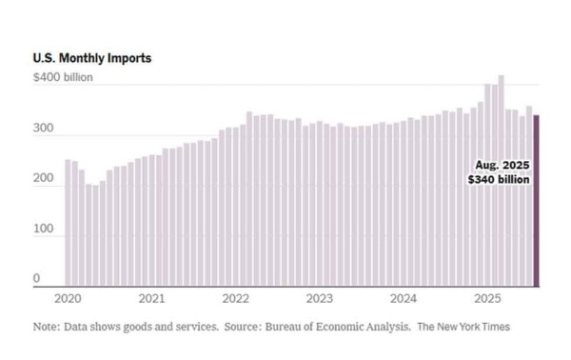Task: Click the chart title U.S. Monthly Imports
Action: point(91,59)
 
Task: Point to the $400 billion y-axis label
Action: point(63,77)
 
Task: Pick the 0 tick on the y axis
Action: point(37,279)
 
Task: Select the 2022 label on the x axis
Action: point(235,298)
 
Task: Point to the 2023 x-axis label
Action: point(319,298)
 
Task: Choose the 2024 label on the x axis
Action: point(404,298)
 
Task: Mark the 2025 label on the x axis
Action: point(487,298)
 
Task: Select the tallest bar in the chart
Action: point(501,181)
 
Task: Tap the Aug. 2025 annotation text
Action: point(502,165)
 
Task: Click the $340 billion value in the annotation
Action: point(499,179)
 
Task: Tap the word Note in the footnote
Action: point(46,327)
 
